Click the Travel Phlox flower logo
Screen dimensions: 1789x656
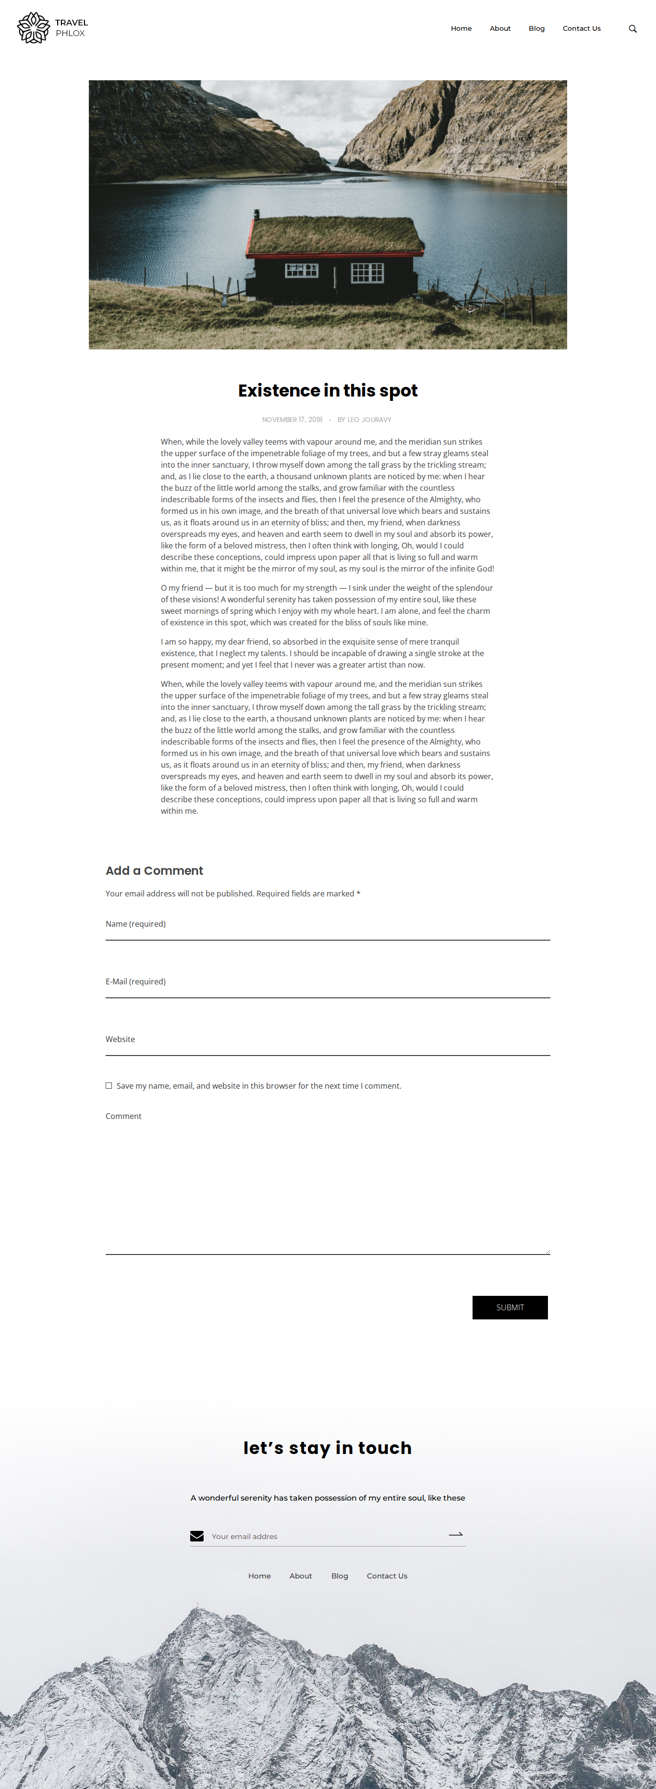click(33, 28)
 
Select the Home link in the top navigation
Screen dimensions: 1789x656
click(461, 28)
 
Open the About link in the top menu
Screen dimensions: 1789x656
click(500, 28)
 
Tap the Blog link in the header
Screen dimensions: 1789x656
click(536, 28)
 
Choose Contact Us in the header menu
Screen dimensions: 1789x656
click(582, 28)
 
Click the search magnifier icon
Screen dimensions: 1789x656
click(632, 28)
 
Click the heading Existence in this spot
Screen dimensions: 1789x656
click(328, 390)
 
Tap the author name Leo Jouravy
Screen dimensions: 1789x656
click(369, 420)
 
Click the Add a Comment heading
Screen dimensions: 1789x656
click(154, 871)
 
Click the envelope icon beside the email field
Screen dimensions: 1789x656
click(197, 1536)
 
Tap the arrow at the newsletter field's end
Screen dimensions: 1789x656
click(455, 1534)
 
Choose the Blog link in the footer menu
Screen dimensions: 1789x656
click(340, 1576)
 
